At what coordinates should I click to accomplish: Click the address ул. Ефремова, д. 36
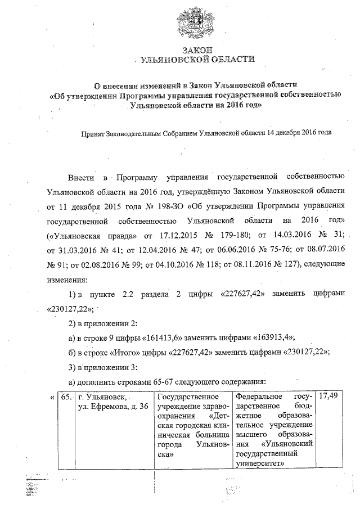coord(112,407)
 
